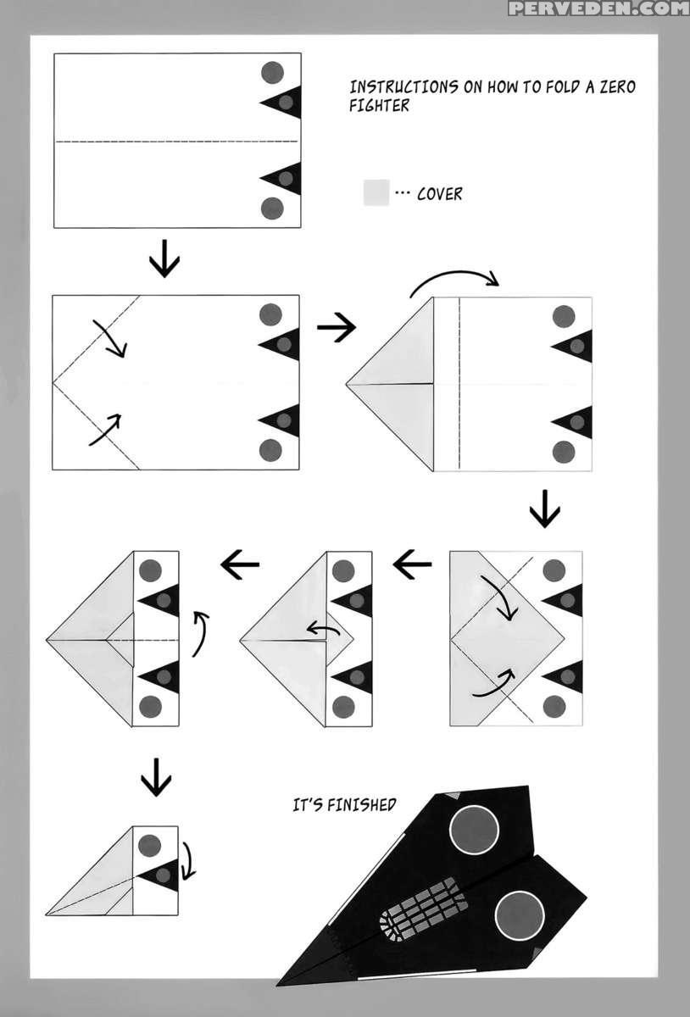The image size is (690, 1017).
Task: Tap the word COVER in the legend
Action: click(x=440, y=194)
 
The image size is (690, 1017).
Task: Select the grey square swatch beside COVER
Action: click(x=376, y=192)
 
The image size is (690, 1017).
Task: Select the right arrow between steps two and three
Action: click(x=336, y=328)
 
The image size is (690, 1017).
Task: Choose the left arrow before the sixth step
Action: click(x=240, y=563)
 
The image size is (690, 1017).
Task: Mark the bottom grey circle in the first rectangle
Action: click(x=272, y=207)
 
